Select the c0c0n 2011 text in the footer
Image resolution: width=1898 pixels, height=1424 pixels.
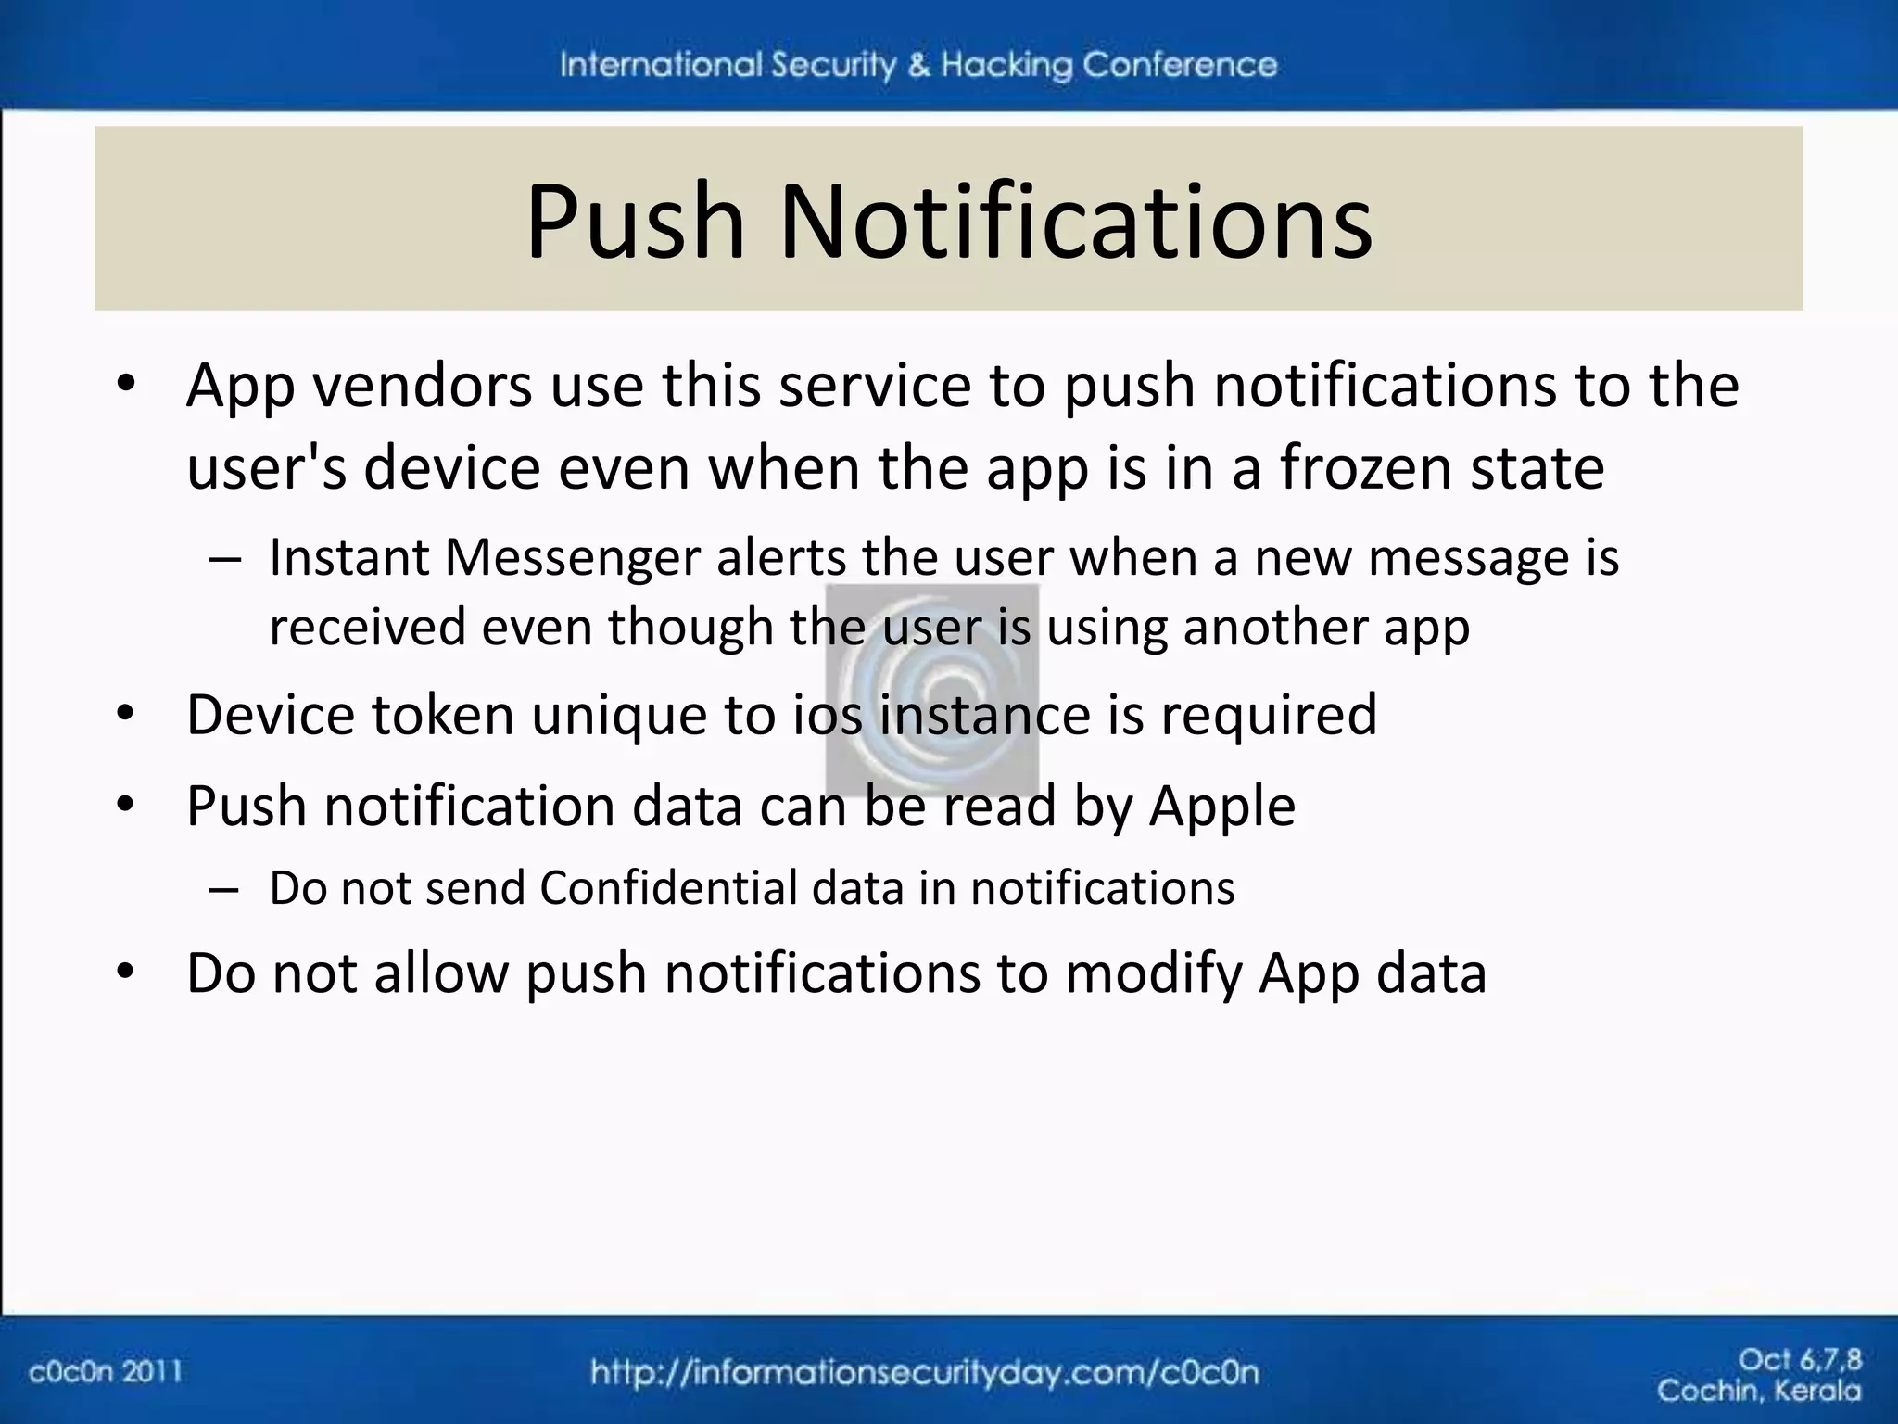(x=106, y=1371)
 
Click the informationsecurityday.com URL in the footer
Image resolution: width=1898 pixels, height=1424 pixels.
(x=924, y=1373)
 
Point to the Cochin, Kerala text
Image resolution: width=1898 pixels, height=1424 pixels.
(x=1758, y=1391)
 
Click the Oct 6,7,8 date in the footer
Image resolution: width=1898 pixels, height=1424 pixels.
(x=1799, y=1360)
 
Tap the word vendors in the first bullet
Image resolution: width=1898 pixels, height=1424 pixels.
(x=423, y=385)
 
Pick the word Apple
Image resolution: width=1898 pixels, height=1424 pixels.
(x=1221, y=806)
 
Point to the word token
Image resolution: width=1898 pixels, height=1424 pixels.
(x=443, y=715)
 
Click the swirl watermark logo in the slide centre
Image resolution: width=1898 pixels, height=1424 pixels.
(x=931, y=691)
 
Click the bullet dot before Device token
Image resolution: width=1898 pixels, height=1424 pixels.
(x=126, y=715)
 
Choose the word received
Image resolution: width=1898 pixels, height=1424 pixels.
(x=367, y=628)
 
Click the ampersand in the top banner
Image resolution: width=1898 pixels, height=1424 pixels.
(x=918, y=65)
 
